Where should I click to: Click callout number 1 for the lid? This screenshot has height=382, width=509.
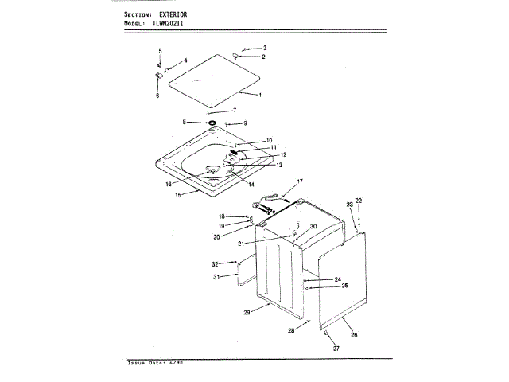(259, 95)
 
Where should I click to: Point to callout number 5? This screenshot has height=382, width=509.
(159, 51)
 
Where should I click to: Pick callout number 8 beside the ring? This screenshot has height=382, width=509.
(184, 122)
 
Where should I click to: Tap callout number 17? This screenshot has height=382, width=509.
(301, 182)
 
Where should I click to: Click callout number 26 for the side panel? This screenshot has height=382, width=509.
(354, 334)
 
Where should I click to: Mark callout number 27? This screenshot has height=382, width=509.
(336, 349)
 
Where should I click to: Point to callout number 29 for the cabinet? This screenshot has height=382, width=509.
(247, 313)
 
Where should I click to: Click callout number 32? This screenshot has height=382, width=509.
(215, 263)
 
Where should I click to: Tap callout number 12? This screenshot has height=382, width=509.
(282, 154)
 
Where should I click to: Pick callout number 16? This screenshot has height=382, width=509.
(169, 184)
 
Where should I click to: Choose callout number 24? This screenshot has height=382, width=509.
(337, 279)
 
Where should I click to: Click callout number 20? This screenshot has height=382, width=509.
(216, 237)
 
